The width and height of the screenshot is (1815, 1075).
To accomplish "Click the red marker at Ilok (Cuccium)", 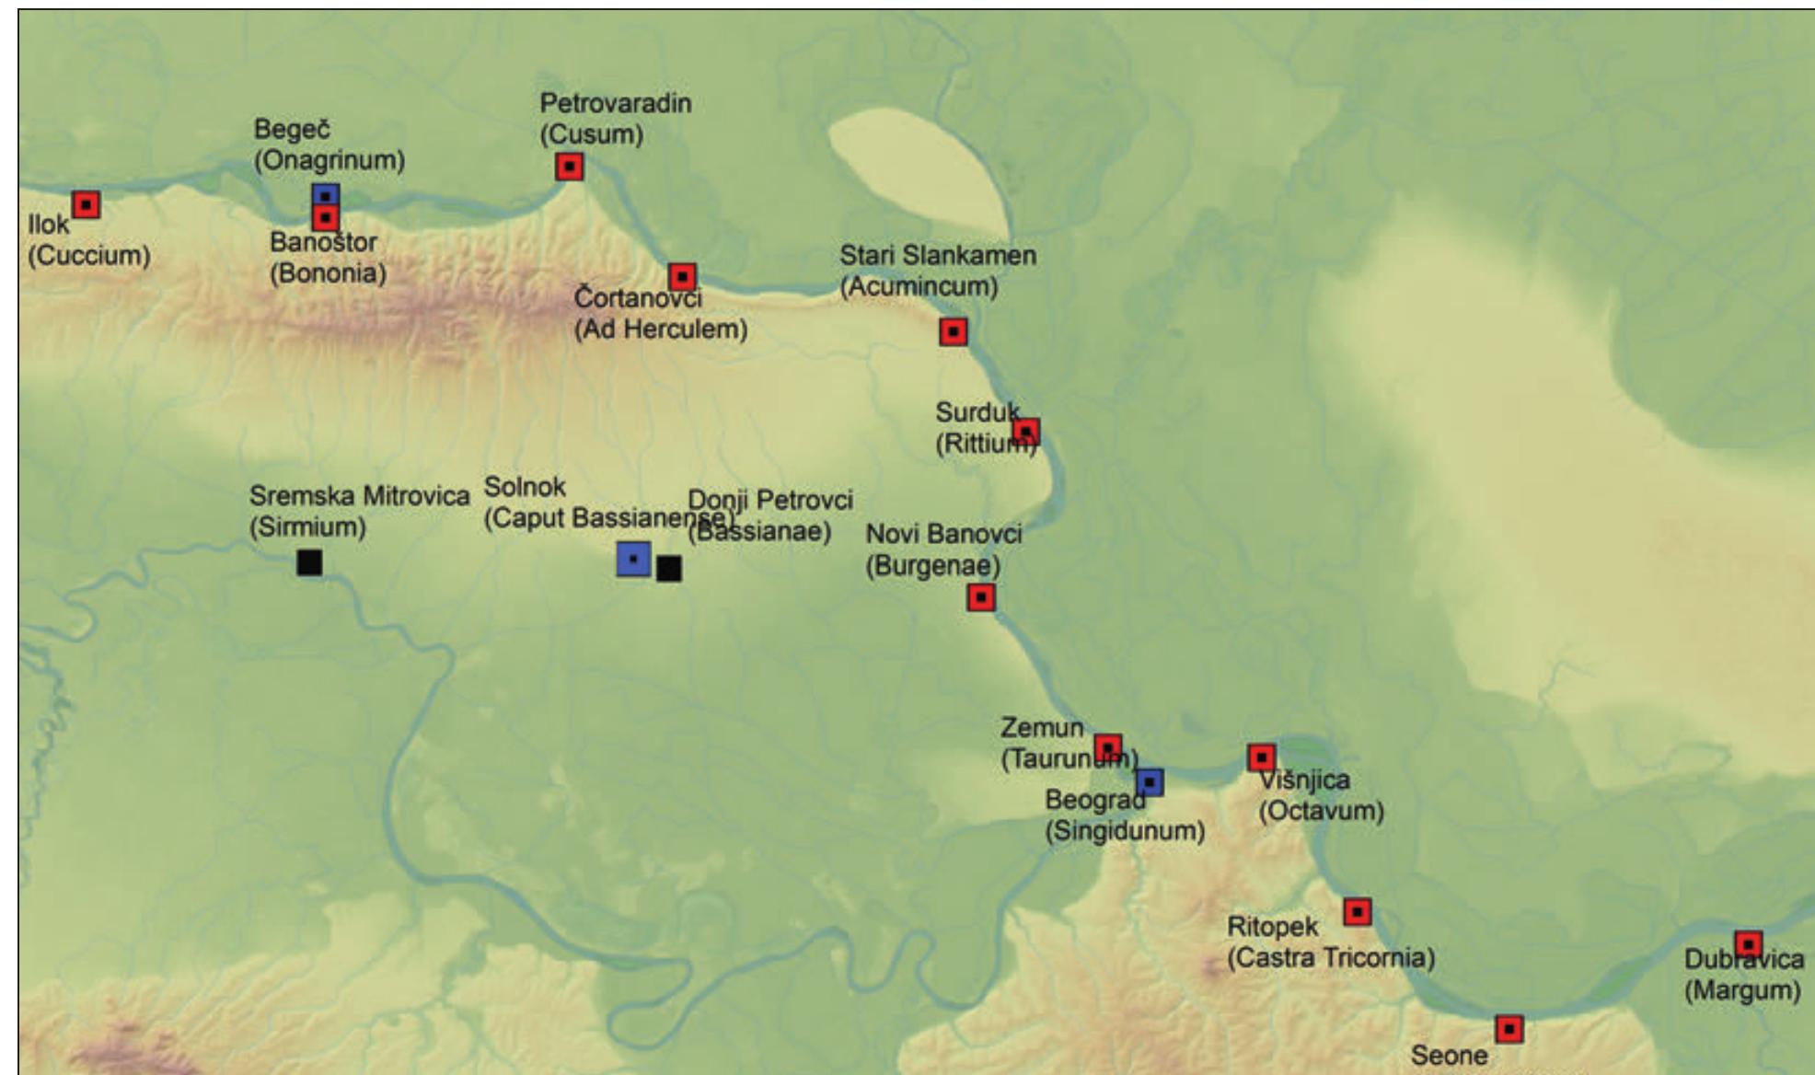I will point(87,203).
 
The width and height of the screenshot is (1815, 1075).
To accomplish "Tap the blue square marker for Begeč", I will point(325,195).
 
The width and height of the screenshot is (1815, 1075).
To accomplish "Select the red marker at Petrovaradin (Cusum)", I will point(570,167).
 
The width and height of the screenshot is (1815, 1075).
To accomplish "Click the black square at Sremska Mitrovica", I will point(309,561).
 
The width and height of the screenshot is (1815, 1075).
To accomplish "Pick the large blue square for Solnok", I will point(633,559).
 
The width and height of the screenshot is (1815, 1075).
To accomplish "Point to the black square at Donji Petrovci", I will point(669,569).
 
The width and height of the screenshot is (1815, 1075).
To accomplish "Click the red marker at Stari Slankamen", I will point(954,331).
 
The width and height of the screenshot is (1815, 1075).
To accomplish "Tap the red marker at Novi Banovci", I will point(981,597).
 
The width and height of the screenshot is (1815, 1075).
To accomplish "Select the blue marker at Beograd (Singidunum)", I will point(1150,782).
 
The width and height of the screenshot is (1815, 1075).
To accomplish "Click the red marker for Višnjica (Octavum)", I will point(1261,757).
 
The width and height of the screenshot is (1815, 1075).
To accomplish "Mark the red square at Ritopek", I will point(1358,912).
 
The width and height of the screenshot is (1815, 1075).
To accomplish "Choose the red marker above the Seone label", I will point(1509,1029).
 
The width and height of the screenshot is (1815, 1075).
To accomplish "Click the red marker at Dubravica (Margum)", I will point(1748,944).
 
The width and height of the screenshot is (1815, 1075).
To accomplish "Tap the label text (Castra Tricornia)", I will point(1331,958).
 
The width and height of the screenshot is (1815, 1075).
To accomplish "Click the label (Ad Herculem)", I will point(661,329).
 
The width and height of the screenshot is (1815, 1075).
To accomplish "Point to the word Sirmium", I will point(307,527).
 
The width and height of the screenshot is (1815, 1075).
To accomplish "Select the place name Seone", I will point(1449,1055).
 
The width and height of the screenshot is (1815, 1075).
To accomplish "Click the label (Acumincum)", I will point(919,286).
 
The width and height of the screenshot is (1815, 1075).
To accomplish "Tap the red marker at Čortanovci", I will point(682,276).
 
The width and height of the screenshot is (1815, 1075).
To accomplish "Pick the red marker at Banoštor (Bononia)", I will point(325,218).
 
